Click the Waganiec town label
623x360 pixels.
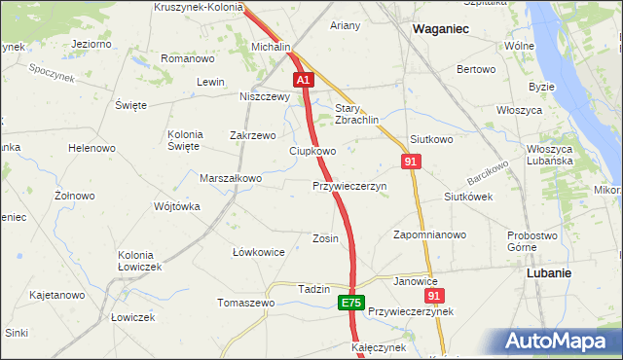440,29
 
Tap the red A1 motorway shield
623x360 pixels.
304,80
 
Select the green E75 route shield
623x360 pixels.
352,304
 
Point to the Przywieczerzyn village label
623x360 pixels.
349,186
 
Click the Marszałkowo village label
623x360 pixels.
231,179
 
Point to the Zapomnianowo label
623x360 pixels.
429,234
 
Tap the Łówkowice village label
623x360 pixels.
258,252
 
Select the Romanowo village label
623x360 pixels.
188,59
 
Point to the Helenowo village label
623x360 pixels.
92,148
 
